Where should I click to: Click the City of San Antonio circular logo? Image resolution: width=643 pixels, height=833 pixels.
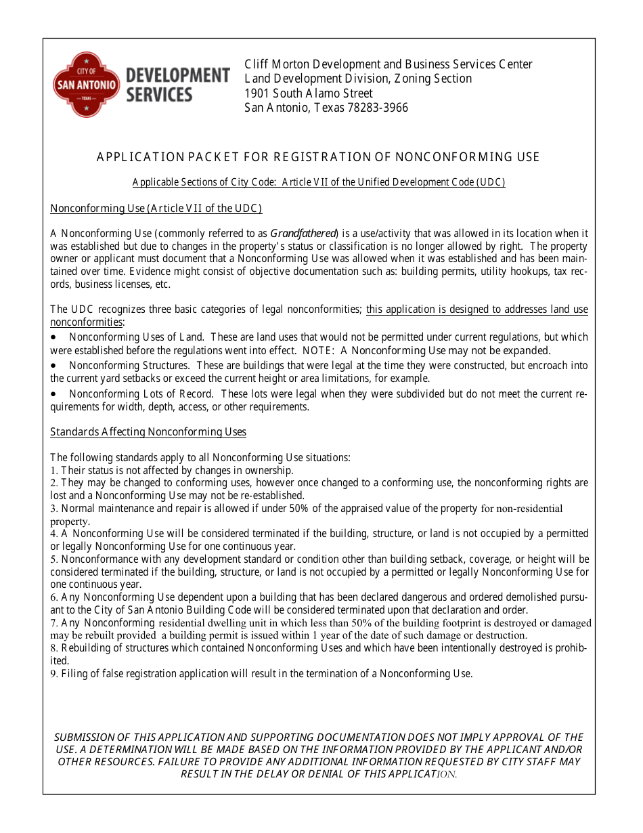coord(86,85)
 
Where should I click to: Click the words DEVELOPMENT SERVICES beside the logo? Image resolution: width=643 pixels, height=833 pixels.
coord(177,85)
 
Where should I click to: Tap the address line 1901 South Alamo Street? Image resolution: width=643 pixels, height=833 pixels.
coord(308,93)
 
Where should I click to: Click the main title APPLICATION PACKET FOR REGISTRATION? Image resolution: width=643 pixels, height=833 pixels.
coord(317,157)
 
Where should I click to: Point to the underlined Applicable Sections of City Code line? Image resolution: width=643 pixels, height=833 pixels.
coord(318,182)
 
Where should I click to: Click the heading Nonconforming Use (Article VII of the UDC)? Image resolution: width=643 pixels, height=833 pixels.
coord(156,209)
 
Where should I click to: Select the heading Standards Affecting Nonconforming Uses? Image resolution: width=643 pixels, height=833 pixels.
coord(148,432)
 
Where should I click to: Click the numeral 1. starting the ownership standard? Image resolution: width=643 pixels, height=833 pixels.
coord(54,471)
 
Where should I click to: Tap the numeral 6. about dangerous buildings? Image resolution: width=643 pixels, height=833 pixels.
coord(54,597)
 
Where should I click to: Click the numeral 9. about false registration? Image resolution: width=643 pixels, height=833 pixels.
coord(54,674)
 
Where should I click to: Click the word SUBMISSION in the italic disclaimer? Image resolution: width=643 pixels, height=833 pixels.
coord(84,738)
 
